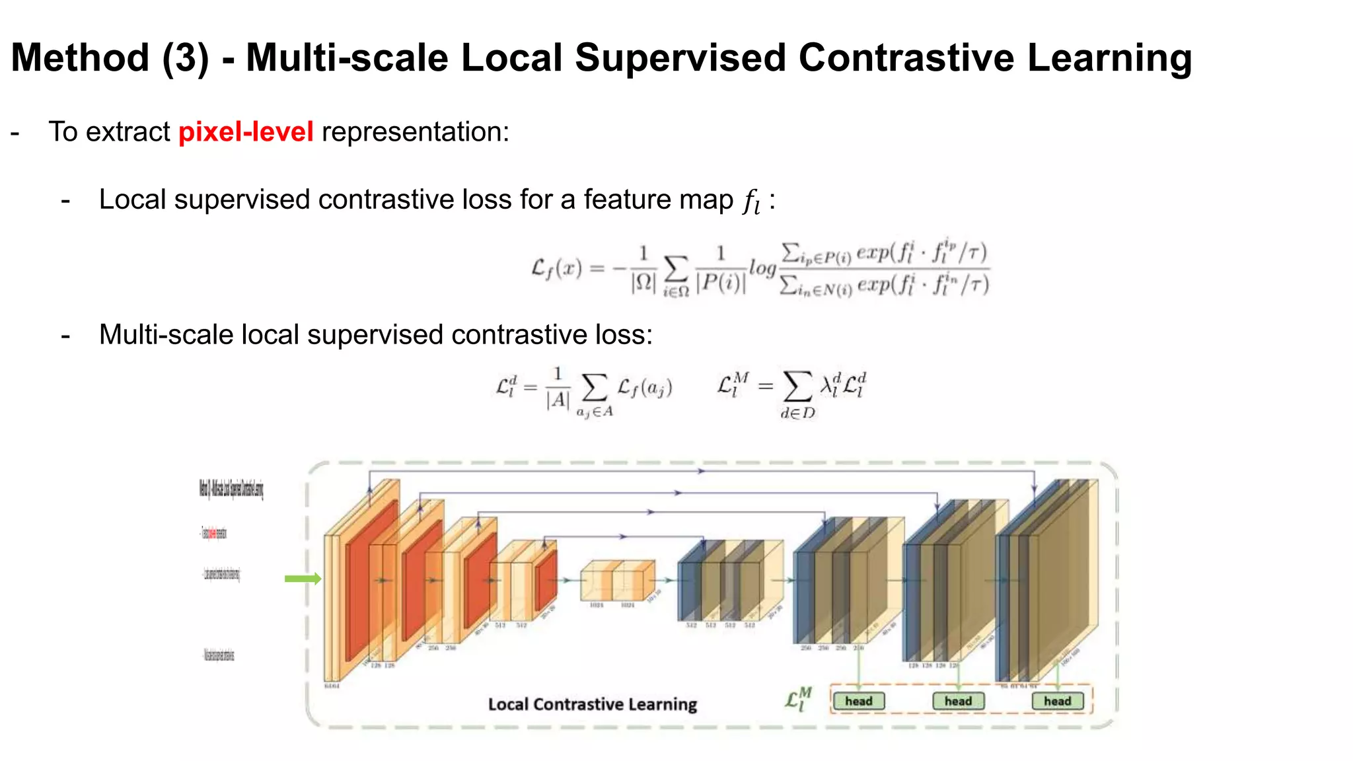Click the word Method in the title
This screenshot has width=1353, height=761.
(x=80, y=57)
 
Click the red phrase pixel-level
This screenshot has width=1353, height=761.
(x=246, y=131)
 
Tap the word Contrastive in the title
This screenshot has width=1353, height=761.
(x=906, y=57)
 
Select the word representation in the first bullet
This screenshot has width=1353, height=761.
(x=415, y=131)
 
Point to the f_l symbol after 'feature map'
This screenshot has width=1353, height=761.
(x=751, y=200)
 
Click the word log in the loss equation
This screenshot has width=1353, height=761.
(x=762, y=268)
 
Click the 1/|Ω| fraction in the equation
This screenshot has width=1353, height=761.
(x=643, y=269)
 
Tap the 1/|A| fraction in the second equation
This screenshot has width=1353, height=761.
(x=558, y=388)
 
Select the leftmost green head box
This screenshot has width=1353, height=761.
(x=858, y=701)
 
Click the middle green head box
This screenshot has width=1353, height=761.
(x=958, y=701)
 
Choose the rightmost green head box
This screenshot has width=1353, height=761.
(x=1057, y=701)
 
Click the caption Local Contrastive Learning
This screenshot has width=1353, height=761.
(x=592, y=704)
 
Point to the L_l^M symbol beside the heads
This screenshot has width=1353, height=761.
(x=798, y=700)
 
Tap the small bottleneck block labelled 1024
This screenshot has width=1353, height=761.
(x=616, y=581)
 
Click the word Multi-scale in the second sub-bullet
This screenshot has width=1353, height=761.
(x=166, y=335)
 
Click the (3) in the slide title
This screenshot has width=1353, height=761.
(x=186, y=57)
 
